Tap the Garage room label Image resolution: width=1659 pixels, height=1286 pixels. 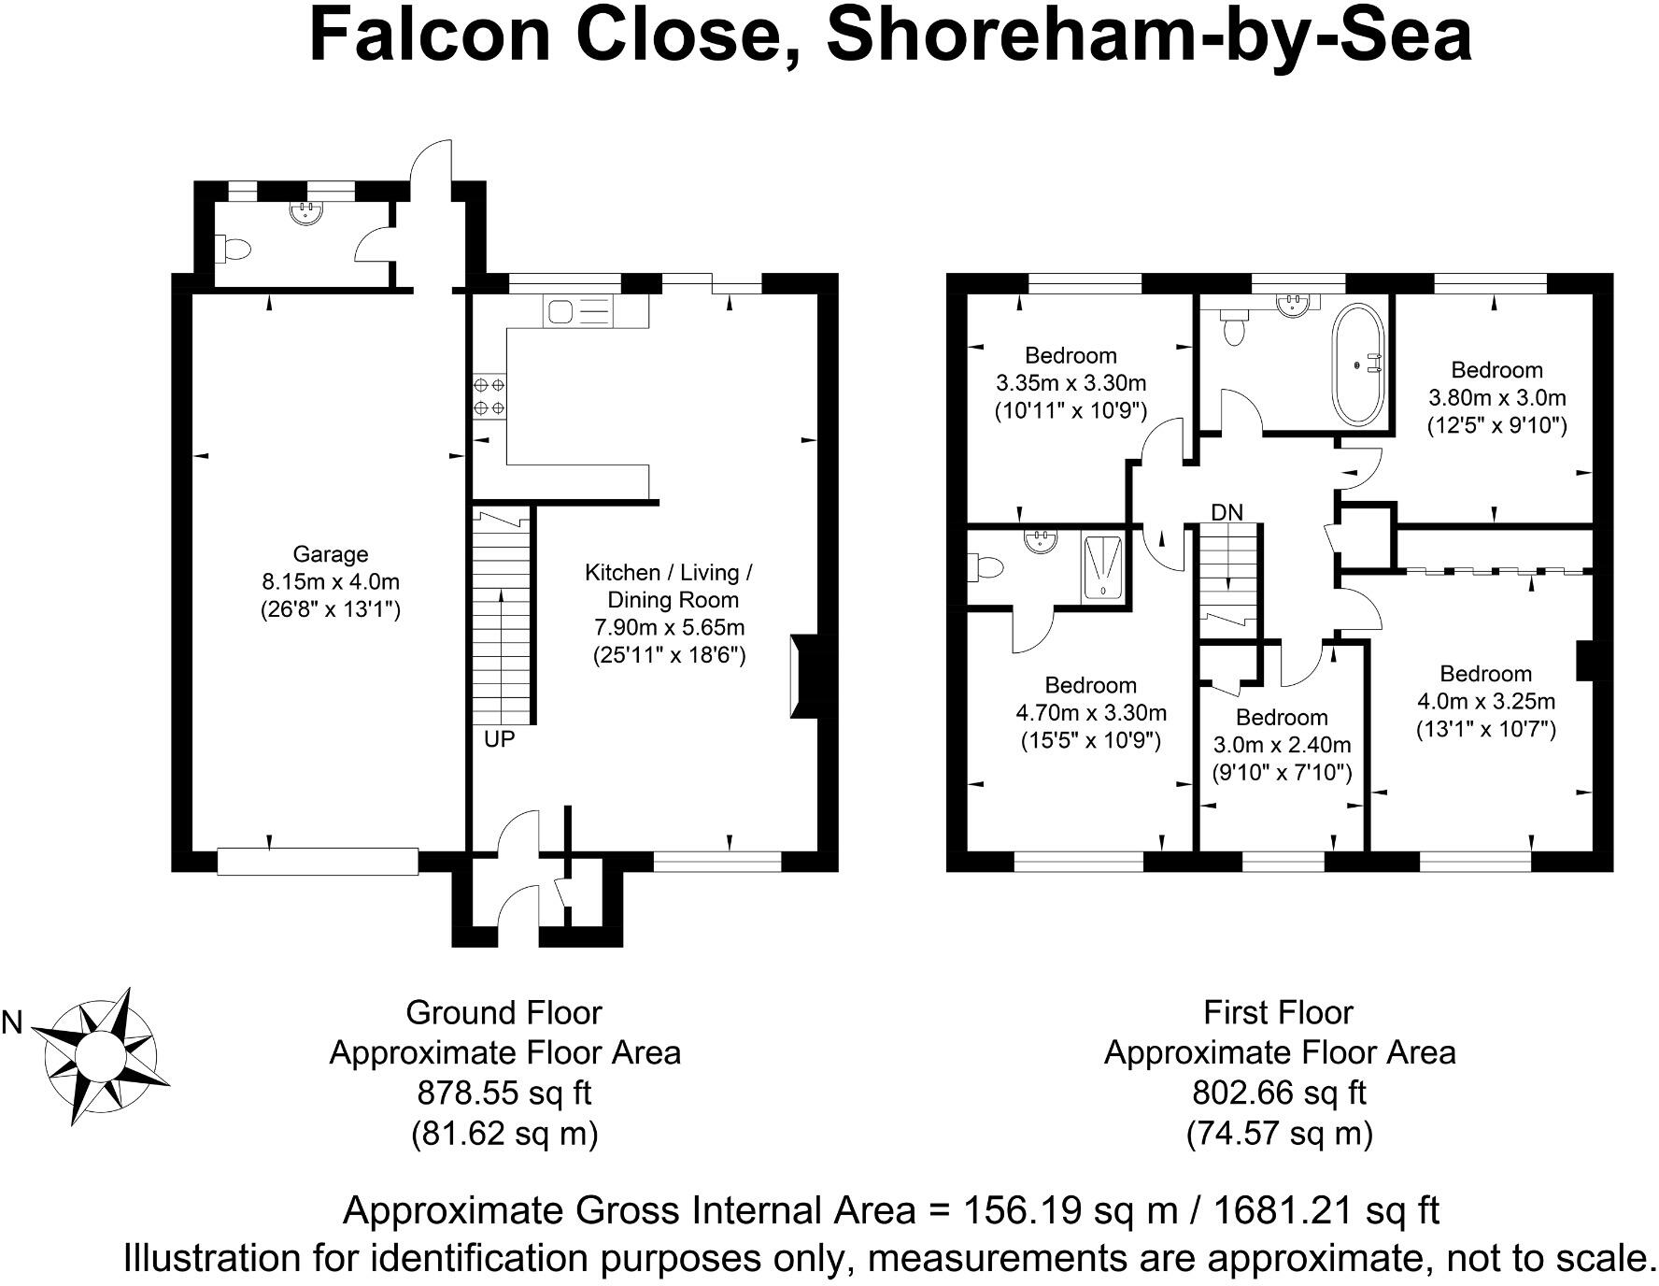[331, 554]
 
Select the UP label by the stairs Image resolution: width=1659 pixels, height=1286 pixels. [500, 739]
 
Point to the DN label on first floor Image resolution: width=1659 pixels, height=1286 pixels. [1227, 512]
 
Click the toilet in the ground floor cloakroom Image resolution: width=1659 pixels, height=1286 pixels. [234, 250]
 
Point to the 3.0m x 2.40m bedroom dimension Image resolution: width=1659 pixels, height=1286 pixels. [1282, 745]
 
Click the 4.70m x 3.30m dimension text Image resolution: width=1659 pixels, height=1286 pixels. [1091, 713]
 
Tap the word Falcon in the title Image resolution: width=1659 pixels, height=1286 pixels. [430, 36]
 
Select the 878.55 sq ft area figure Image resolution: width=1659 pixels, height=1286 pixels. [504, 1093]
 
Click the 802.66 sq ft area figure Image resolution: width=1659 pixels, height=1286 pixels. [1279, 1093]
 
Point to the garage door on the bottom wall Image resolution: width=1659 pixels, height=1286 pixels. [318, 861]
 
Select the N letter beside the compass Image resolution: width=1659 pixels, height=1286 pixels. [12, 1023]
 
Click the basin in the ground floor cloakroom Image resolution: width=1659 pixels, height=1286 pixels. [305, 211]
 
